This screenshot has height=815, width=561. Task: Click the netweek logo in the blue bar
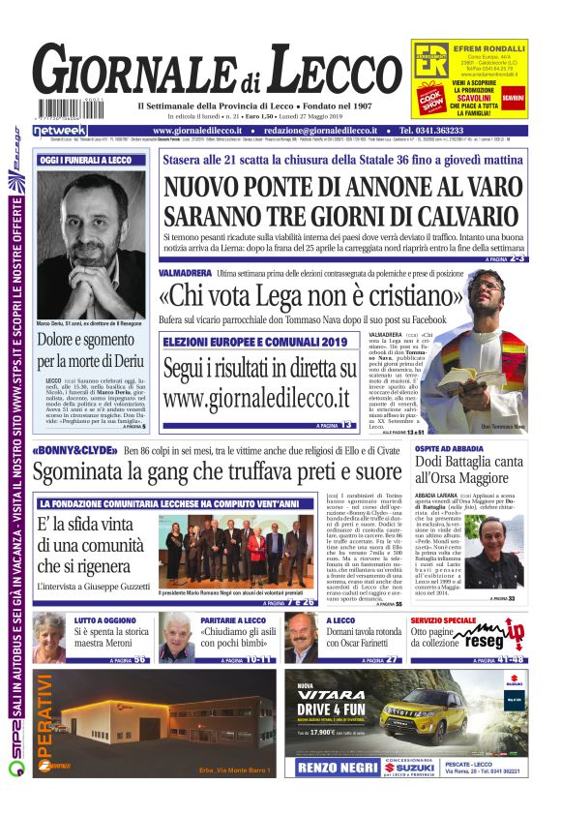click(x=61, y=130)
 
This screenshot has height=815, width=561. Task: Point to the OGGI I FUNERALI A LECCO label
click(x=85, y=160)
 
